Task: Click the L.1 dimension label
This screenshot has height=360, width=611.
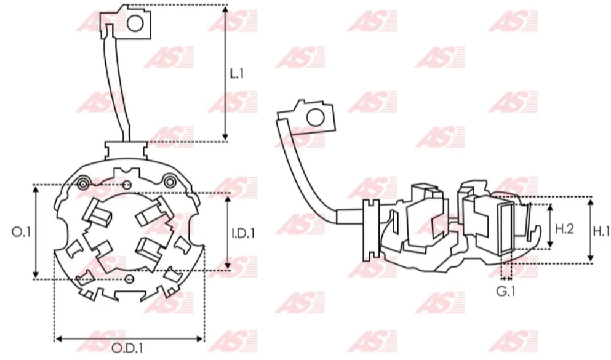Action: coord(237,74)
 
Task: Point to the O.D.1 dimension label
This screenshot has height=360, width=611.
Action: coord(129,348)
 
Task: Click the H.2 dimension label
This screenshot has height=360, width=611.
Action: coord(564,229)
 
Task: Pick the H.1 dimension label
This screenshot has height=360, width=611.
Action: coord(601,231)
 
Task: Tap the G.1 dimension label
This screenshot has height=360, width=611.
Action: coord(506,292)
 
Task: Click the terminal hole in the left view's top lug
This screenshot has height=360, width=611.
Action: coord(135,23)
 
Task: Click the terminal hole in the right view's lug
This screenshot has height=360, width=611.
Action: coord(316,116)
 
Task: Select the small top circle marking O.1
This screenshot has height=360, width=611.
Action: coord(127,185)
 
